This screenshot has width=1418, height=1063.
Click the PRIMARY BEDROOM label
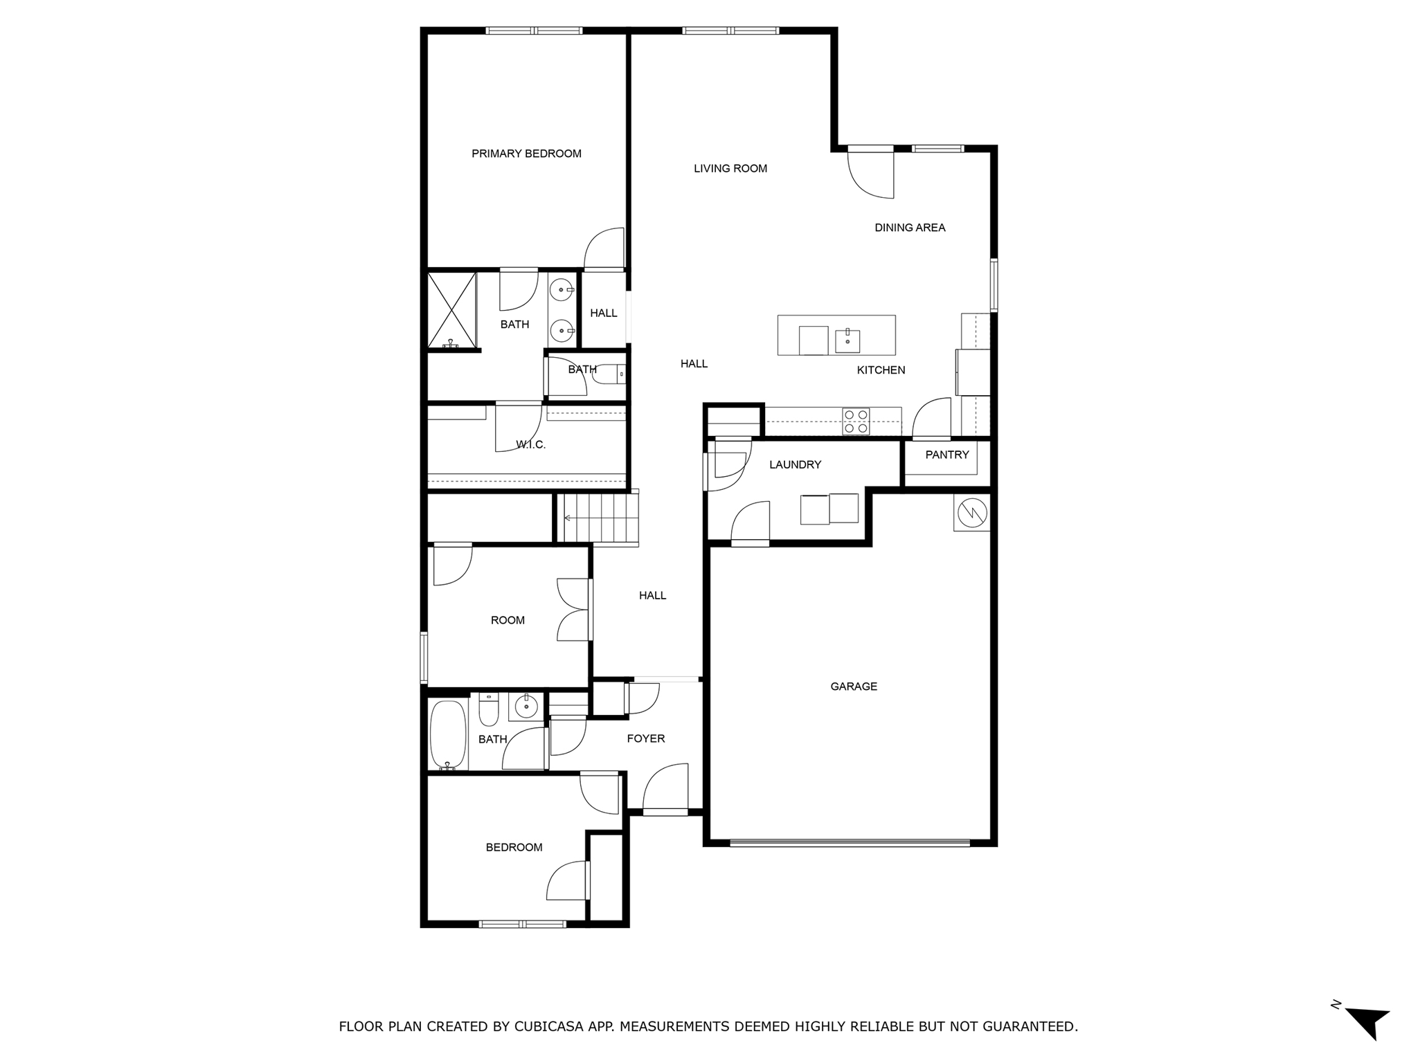[x=526, y=154]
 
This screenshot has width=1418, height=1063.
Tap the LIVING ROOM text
[x=730, y=168]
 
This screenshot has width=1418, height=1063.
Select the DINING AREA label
[x=909, y=228]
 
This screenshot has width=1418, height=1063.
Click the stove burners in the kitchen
[x=856, y=421]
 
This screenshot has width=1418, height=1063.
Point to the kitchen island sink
[x=847, y=340]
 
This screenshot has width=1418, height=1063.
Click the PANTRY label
[x=946, y=455]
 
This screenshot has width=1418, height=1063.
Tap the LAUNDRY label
[x=795, y=464]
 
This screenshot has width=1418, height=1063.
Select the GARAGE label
[x=854, y=687]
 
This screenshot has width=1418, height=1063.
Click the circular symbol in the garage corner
[x=971, y=513]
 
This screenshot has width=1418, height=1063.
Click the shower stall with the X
[x=451, y=310]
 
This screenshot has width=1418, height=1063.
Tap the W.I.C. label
[x=531, y=445]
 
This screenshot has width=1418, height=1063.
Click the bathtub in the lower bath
[x=448, y=734]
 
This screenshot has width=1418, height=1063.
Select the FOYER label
[x=645, y=738]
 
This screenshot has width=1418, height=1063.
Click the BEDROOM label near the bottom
[x=514, y=847]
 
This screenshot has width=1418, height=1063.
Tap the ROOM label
[x=508, y=620]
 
